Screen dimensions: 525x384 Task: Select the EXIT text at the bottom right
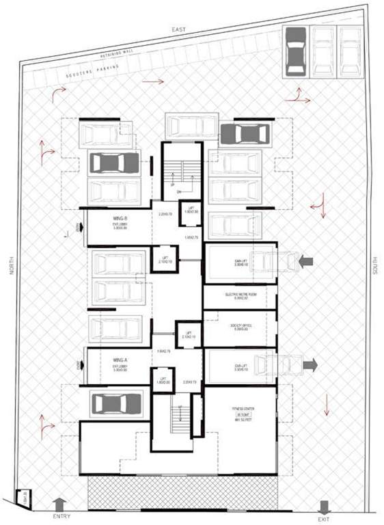[x=325, y=517]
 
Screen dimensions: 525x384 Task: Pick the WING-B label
[x=122, y=219]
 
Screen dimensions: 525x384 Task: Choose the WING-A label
[x=122, y=358]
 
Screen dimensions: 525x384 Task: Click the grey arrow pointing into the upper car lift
[x=305, y=260]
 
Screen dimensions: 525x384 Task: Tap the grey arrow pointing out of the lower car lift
[x=310, y=365]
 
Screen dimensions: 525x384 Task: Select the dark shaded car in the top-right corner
[x=296, y=51]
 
